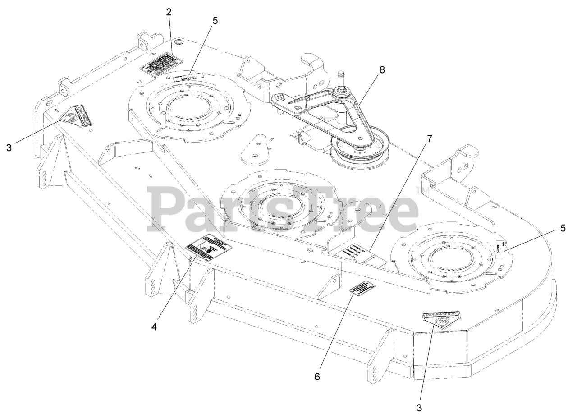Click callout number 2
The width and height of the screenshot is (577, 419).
click(169, 12)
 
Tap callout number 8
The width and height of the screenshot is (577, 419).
click(382, 70)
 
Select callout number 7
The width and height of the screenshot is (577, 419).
click(429, 139)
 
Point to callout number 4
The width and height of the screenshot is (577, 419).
click(155, 327)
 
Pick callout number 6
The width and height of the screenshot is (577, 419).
click(317, 364)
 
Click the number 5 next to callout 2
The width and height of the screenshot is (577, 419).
click(215, 21)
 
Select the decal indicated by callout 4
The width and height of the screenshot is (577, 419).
click(209, 248)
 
